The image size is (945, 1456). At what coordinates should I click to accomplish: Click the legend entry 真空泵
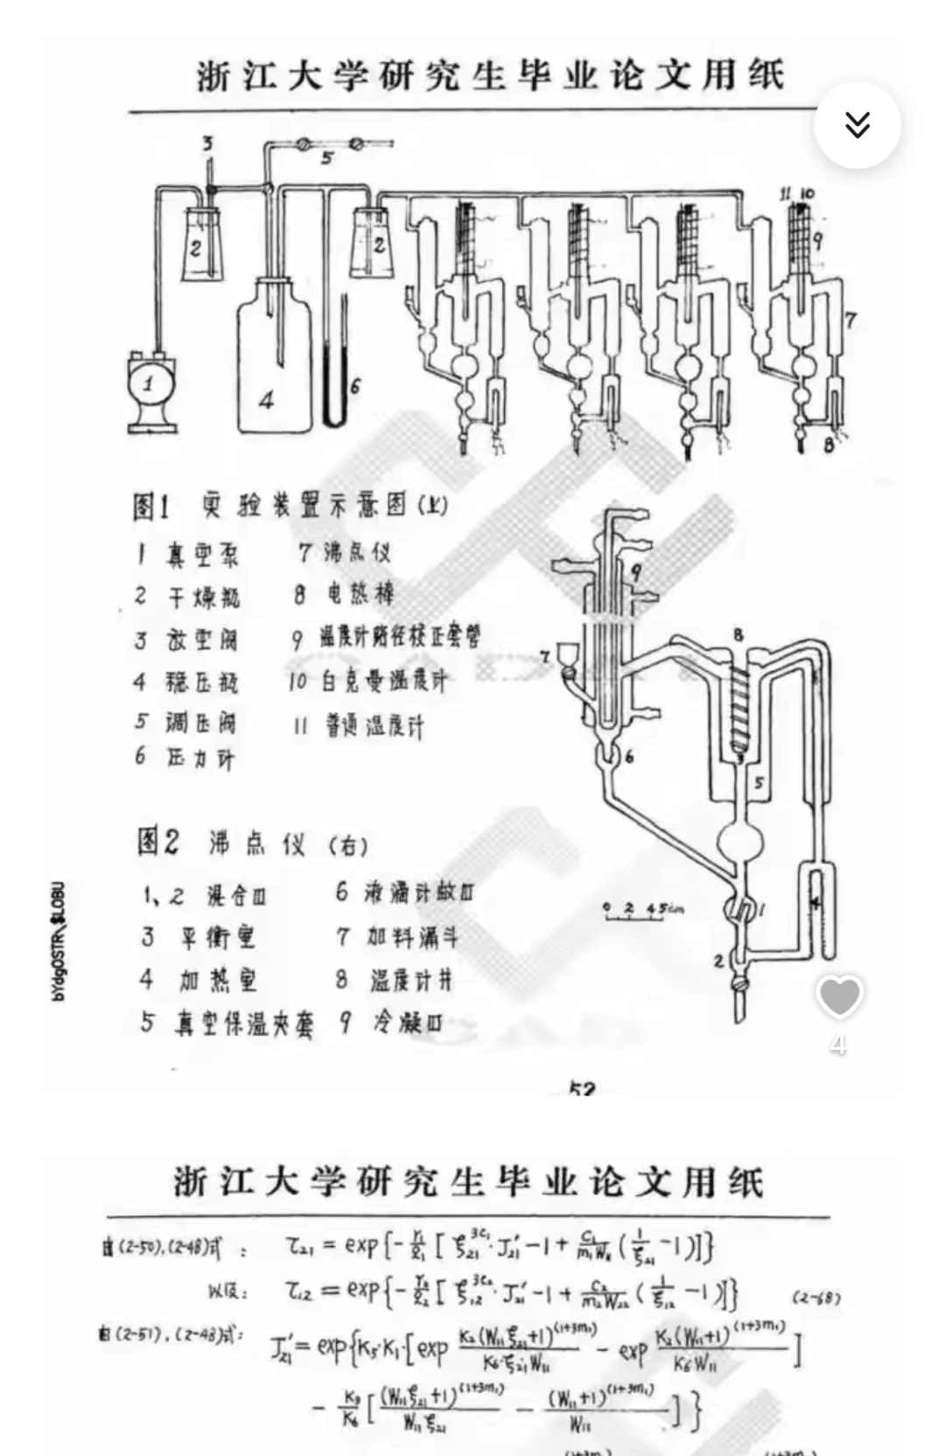coord(201,555)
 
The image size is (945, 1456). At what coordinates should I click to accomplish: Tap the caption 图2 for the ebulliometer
coord(158,842)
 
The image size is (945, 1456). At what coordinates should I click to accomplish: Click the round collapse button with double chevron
coord(857,125)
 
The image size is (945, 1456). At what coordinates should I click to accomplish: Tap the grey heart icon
coord(839,997)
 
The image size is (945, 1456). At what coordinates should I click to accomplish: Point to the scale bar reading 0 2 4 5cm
coord(643,909)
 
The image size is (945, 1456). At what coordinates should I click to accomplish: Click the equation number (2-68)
coord(816,1298)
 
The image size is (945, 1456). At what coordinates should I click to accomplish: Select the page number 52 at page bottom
coord(582,1089)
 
